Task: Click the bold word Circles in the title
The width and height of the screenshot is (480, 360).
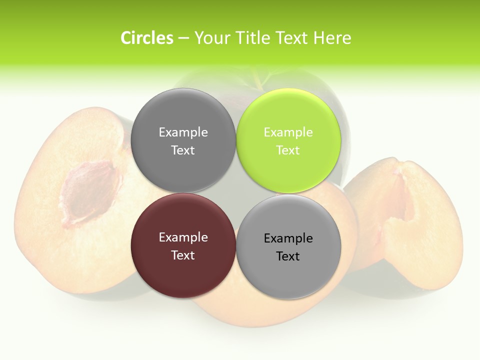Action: tap(146, 38)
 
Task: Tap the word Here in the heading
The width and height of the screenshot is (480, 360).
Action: tap(332, 38)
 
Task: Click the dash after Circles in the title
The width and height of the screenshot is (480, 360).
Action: tap(183, 38)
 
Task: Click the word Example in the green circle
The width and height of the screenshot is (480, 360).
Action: tap(288, 132)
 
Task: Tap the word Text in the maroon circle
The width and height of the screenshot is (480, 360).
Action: tap(183, 255)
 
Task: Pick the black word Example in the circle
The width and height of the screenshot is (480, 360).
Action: tap(288, 238)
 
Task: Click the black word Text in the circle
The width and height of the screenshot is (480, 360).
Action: tap(288, 256)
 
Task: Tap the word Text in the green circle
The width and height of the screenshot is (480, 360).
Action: tap(288, 150)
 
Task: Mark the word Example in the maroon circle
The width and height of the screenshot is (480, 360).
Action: tap(183, 237)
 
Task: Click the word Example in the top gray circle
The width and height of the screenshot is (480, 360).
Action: tap(183, 132)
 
